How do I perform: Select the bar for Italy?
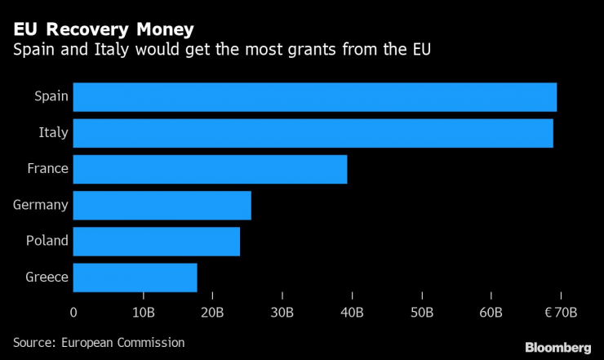click(x=313, y=133)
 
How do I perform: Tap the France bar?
click(x=210, y=169)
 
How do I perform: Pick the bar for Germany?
click(x=162, y=205)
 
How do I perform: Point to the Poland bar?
click(x=156, y=241)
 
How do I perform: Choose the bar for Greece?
click(x=135, y=277)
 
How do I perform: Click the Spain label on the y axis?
click(x=51, y=97)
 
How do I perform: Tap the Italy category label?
click(x=53, y=133)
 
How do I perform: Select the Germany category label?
click(x=40, y=205)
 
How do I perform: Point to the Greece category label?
click(x=47, y=277)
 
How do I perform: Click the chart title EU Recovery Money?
click(x=103, y=30)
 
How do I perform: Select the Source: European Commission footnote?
click(x=99, y=342)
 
